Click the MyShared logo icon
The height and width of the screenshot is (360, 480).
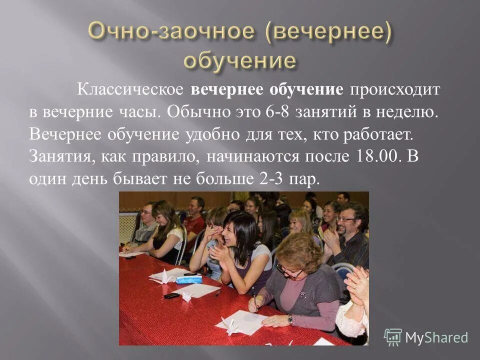click(393, 337)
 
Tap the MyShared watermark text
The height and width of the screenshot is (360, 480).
click(436, 337)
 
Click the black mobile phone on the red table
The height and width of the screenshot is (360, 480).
click(171, 295)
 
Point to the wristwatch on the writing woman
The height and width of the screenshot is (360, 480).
click(290, 319)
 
